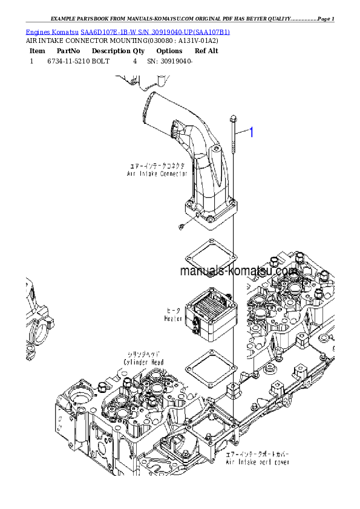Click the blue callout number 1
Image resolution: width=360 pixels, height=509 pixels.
(254, 132)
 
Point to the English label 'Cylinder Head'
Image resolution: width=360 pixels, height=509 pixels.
(145, 362)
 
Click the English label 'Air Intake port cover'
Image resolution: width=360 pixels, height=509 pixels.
(257, 462)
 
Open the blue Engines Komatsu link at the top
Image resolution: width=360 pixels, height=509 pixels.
(128, 31)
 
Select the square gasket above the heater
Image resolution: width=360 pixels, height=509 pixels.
(209, 256)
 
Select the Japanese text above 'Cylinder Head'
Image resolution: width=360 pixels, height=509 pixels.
(145, 354)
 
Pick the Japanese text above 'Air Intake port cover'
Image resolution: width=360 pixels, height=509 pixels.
(257, 453)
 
